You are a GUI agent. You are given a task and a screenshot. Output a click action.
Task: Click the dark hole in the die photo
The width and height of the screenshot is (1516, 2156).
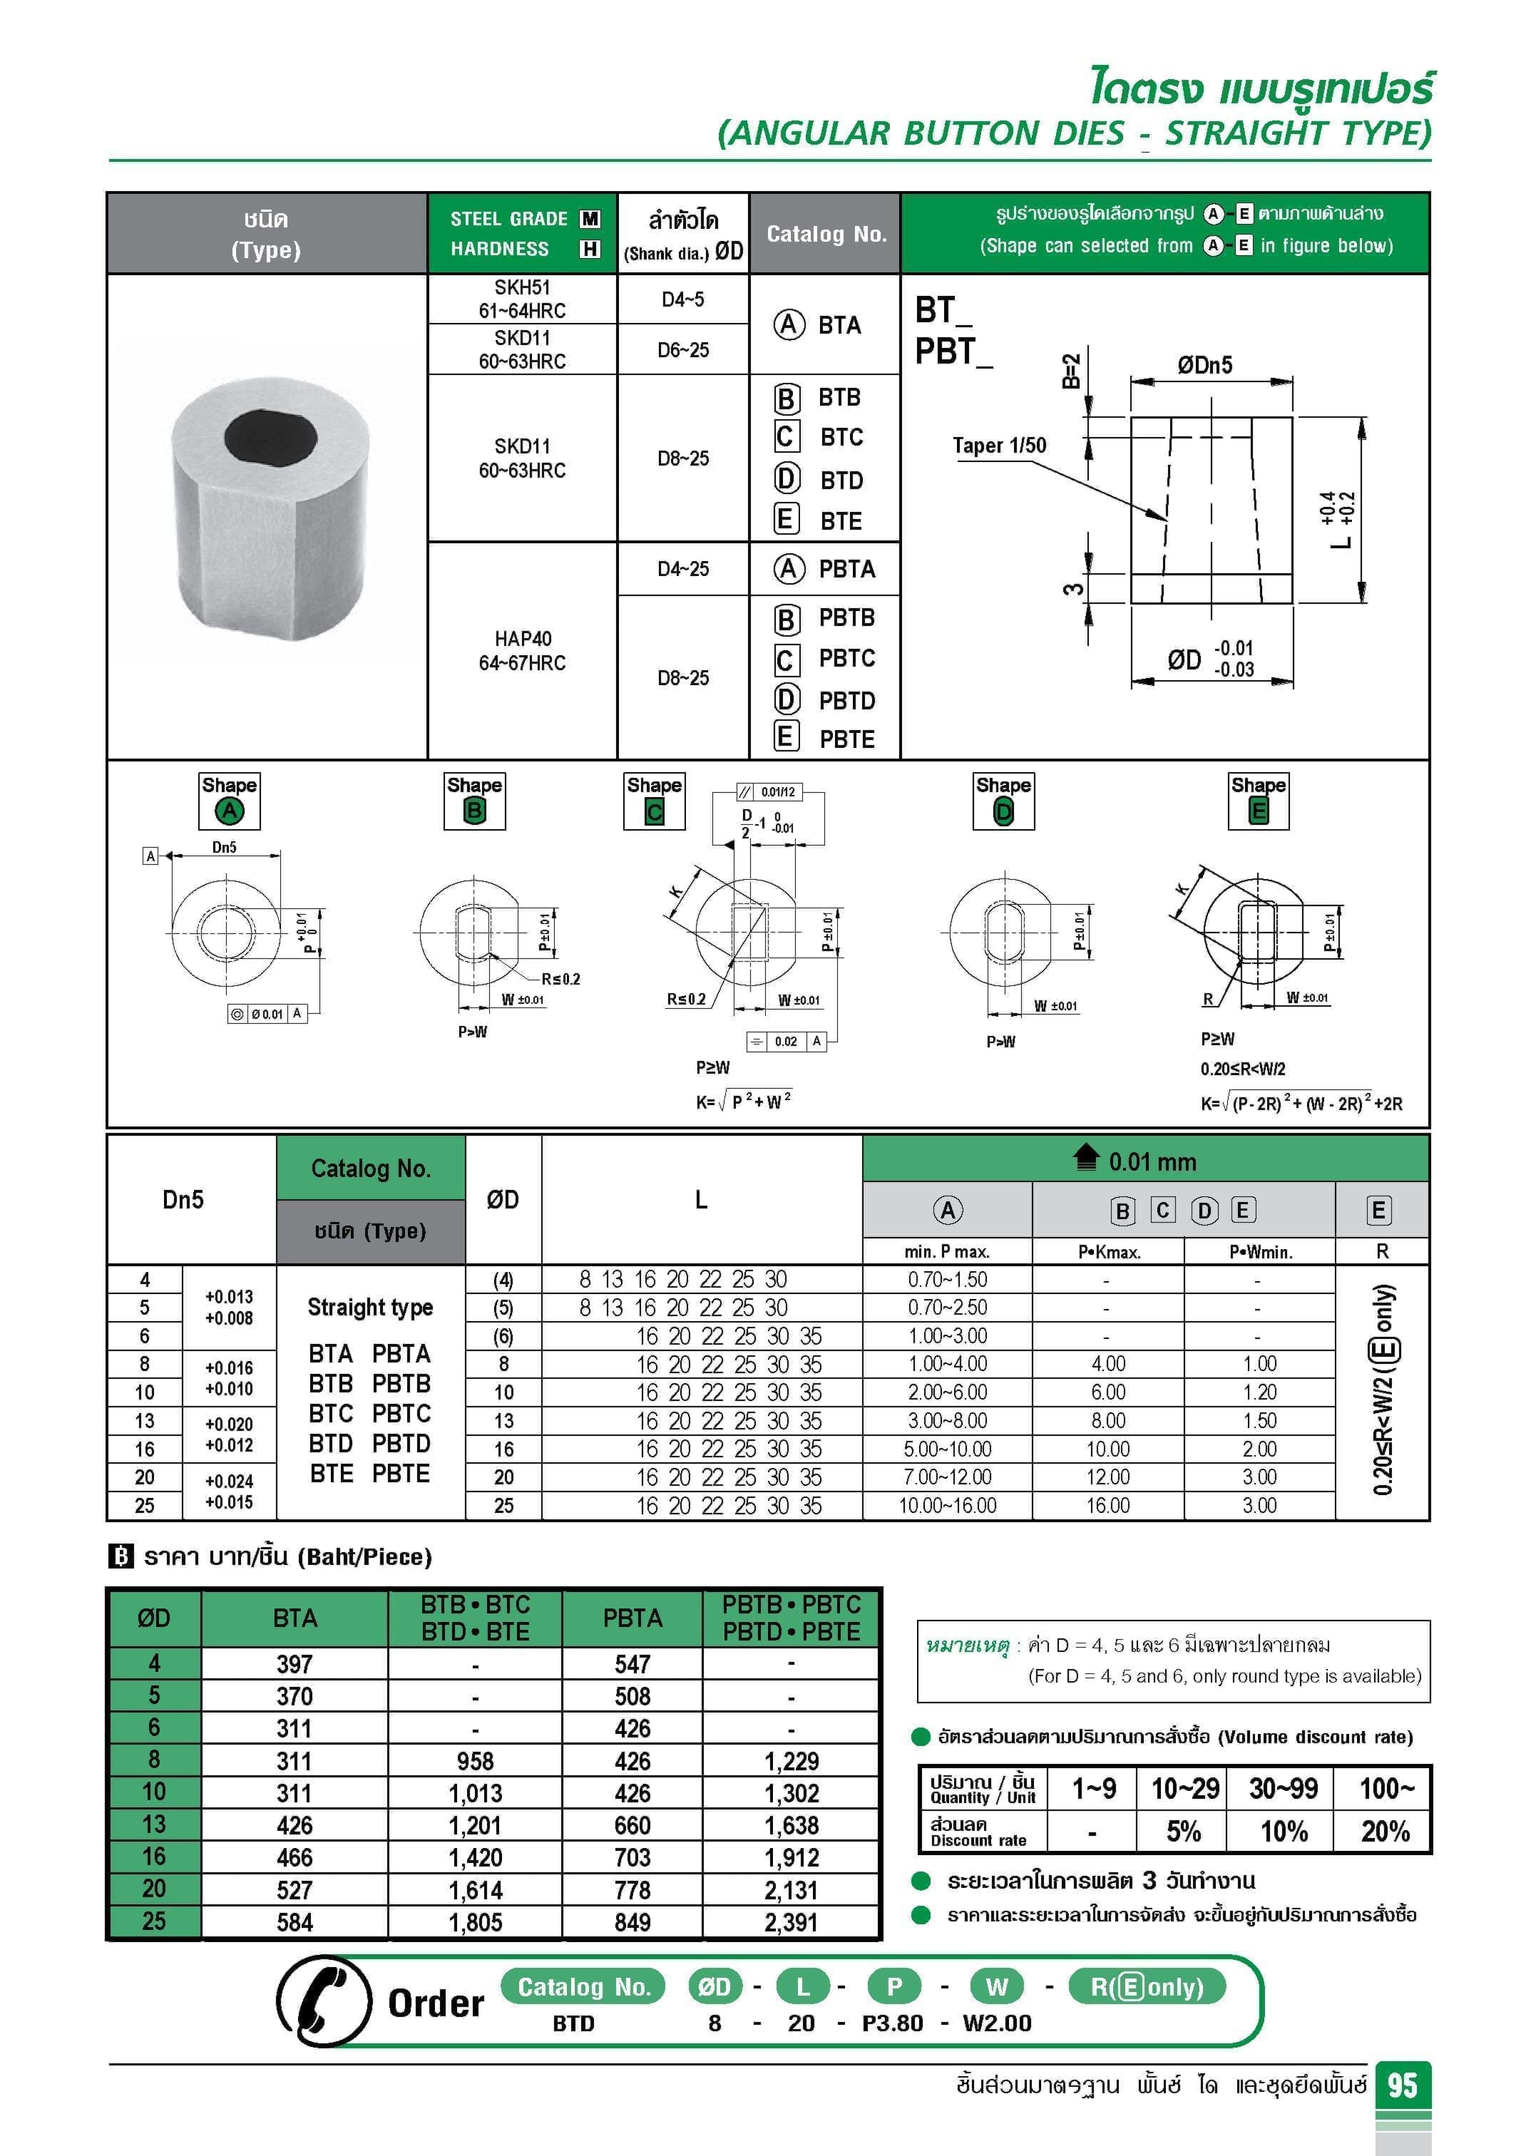coord(272,436)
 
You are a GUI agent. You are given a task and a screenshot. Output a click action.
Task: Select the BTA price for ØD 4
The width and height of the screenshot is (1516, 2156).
coord(294,1664)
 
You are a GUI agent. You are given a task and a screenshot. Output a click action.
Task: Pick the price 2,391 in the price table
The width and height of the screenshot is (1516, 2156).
coord(791,1922)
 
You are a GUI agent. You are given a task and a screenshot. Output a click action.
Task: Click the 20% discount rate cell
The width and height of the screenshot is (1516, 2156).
coord(1385,1831)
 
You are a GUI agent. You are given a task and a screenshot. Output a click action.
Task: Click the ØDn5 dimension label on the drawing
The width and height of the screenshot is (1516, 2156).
coord(1204,365)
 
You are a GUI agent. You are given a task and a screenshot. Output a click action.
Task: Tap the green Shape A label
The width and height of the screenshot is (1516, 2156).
coord(229,811)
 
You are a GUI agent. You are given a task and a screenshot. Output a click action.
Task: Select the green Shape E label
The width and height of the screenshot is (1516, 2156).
coord(1259,811)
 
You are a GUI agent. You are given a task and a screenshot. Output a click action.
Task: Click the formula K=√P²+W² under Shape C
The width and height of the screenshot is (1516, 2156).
coord(743,1102)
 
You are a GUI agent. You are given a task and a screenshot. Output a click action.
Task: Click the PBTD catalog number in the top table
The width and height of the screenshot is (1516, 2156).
coord(846,701)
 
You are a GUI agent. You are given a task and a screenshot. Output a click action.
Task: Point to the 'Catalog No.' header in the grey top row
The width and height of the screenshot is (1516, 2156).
coord(826,234)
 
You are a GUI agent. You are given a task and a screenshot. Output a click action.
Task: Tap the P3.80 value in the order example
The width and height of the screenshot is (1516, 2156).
coord(892,2023)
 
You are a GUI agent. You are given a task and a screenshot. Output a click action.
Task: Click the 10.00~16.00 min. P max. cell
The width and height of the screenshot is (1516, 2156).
coord(947,1505)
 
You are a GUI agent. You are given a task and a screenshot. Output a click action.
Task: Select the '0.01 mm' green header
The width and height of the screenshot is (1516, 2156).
coord(1152,1161)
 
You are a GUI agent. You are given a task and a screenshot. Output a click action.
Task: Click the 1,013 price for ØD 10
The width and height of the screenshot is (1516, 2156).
coord(476,1792)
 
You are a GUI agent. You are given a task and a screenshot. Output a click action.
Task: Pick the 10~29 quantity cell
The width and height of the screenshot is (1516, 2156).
coord(1184,1788)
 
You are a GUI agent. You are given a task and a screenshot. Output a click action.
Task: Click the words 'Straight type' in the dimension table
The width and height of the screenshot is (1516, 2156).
coord(370,1307)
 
